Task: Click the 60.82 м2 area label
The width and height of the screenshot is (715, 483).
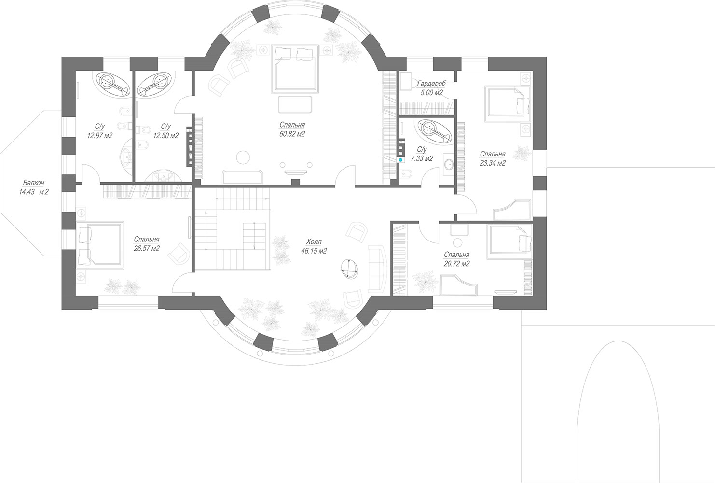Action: (x=292, y=134)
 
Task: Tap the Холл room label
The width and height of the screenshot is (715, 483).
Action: (x=314, y=241)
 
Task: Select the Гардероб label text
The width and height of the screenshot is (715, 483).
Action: (x=431, y=84)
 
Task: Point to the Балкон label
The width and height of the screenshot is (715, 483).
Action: (x=33, y=183)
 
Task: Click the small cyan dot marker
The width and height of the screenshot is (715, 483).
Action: (x=400, y=159)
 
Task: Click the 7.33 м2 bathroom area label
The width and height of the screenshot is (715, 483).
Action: (x=422, y=158)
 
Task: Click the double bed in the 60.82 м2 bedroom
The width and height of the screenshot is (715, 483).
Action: (x=295, y=69)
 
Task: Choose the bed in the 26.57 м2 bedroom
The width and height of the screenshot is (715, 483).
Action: (x=99, y=244)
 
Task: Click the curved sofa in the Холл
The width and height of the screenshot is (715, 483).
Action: (x=377, y=269)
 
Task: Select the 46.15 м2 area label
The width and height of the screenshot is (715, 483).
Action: (x=314, y=251)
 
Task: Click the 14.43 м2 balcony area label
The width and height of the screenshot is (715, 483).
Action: (x=33, y=192)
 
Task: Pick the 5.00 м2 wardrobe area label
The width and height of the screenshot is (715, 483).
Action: (x=431, y=93)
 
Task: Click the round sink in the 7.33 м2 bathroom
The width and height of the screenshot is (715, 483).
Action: (x=449, y=164)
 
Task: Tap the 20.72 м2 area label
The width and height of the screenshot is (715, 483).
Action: (x=456, y=264)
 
